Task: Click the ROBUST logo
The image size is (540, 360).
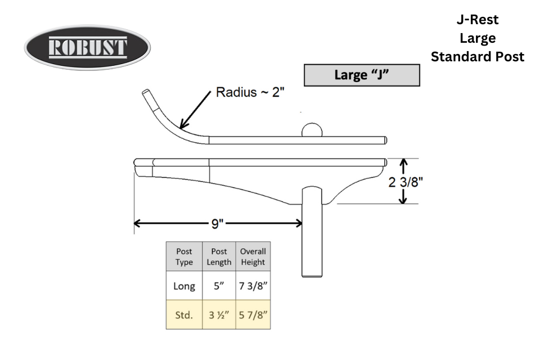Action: coord(87,47)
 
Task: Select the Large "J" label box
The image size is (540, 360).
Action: coord(362,75)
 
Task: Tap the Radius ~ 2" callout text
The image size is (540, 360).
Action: coord(250,92)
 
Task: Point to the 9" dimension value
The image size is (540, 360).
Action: coord(217,224)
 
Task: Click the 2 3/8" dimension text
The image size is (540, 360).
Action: coord(406,182)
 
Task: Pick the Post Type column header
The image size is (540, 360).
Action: coord(184,256)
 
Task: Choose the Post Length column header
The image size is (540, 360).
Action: coord(219,256)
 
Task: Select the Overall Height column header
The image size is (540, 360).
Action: coord(253,256)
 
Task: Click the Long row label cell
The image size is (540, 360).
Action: coord(184,286)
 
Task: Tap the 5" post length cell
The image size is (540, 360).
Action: coord(219,286)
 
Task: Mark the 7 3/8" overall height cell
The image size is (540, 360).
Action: coord(253,286)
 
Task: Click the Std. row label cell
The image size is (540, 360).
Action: coord(184,314)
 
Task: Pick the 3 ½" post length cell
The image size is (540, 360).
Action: coord(219,314)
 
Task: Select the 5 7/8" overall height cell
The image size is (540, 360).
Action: coord(253,314)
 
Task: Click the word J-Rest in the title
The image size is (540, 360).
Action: coord(478,20)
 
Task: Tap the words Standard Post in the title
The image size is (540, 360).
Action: coord(478,56)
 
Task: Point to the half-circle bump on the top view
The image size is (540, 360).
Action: coord(312,130)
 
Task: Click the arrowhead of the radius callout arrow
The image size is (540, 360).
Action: coord(182,126)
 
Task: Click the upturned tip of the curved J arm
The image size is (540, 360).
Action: coord(146,92)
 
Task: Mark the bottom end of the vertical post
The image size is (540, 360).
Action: coord(312,276)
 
